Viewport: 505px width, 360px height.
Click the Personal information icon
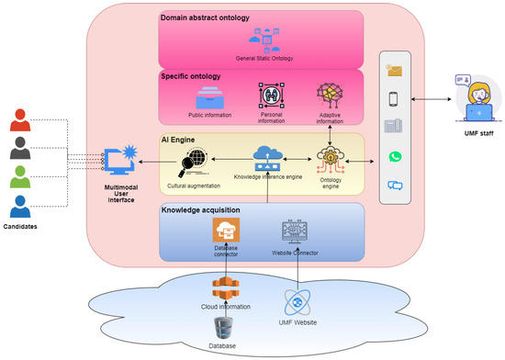(272, 96)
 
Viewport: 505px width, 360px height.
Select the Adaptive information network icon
(329, 96)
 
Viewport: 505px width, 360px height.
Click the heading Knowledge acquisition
(201, 210)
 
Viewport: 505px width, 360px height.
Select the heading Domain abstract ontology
(208, 18)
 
